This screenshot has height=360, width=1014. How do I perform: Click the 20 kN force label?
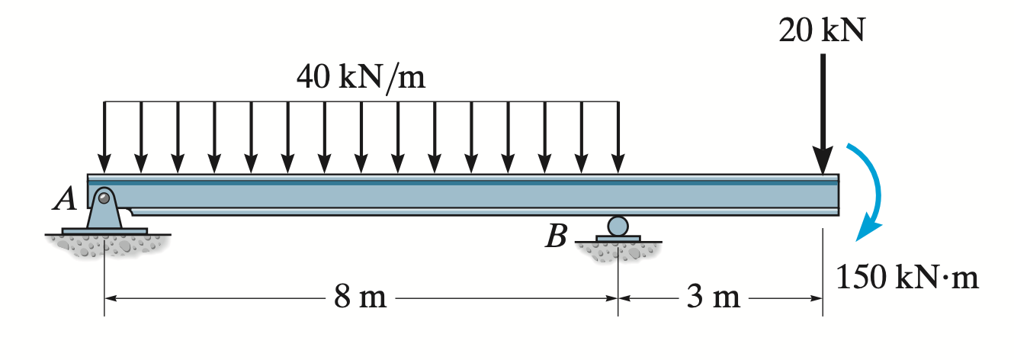[x=822, y=30]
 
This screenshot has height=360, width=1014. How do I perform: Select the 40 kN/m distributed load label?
[x=361, y=78]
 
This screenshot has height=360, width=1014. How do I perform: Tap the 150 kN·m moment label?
[x=907, y=278]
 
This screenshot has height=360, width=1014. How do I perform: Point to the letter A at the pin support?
[x=67, y=200]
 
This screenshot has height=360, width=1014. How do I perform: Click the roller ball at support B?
[x=618, y=226]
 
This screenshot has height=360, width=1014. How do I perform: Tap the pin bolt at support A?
[x=104, y=200]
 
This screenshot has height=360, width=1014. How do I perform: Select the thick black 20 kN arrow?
[x=822, y=107]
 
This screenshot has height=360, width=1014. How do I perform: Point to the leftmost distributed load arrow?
[x=104, y=137]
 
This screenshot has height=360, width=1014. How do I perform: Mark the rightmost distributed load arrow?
[x=618, y=137]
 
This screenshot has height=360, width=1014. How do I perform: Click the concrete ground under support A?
[x=105, y=244]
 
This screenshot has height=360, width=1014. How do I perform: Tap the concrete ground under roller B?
[x=618, y=251]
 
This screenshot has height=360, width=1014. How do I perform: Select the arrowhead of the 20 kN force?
[x=822, y=162]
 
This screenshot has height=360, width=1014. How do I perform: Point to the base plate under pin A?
[x=105, y=230]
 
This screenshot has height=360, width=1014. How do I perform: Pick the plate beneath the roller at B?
[x=618, y=239]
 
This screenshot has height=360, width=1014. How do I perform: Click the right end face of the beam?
[x=837, y=195]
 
